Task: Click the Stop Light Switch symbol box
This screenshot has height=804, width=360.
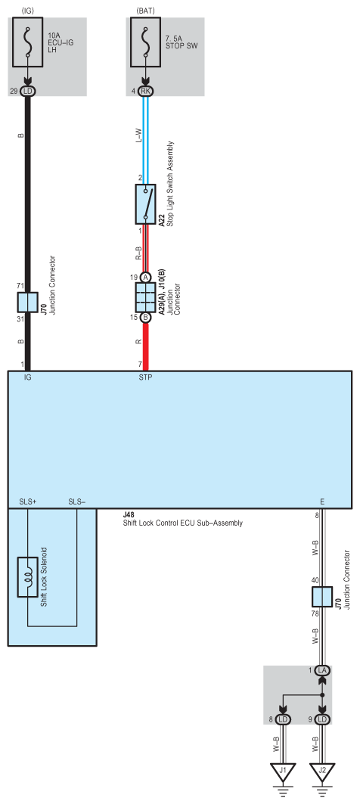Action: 145,203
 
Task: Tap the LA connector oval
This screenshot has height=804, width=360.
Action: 323,670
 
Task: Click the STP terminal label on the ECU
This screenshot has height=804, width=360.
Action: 146,377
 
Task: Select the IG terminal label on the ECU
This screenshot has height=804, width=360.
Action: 28,377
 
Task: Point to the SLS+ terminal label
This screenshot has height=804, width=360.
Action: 27,502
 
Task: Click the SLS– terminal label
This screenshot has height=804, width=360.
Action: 77,502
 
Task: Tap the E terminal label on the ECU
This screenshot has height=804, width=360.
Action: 323,502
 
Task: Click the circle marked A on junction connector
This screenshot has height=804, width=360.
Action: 145,277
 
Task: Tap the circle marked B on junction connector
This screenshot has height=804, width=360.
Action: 145,317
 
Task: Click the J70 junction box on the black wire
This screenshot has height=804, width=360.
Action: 28,303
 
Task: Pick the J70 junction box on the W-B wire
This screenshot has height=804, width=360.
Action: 323,575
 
